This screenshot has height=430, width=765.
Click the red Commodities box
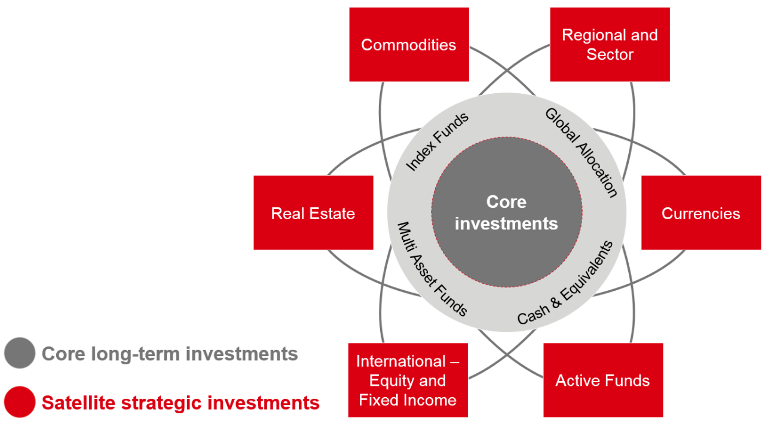click(x=409, y=45)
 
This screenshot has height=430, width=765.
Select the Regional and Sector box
click(x=610, y=45)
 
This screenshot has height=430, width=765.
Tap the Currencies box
click(x=700, y=213)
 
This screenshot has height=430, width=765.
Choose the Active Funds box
click(x=602, y=380)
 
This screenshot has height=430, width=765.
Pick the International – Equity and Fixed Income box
click(x=408, y=380)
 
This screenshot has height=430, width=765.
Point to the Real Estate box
click(x=313, y=213)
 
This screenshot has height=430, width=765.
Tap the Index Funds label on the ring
click(x=437, y=142)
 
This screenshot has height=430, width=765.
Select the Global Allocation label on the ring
click(x=581, y=152)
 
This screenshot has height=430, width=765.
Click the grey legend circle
click(x=20, y=353)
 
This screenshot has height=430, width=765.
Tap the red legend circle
click(x=20, y=402)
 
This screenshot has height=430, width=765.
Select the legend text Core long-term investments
click(x=170, y=354)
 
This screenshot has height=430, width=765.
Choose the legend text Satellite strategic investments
click(x=180, y=403)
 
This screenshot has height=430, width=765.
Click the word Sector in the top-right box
click(x=610, y=54)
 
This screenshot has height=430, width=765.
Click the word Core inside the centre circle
click(x=506, y=202)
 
